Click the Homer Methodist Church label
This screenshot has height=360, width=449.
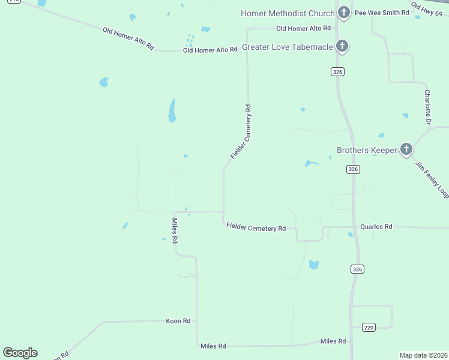[288, 13]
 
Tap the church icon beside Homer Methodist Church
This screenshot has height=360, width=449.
[343, 11]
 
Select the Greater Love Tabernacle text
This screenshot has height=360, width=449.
[287, 47]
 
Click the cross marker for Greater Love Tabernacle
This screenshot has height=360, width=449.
[342, 46]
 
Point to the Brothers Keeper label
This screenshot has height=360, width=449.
[366, 151]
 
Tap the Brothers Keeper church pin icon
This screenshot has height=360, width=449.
[406, 149]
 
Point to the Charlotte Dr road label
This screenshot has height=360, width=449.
[427, 107]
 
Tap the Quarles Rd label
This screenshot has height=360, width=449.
[376, 227]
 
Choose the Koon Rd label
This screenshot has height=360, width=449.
[178, 321]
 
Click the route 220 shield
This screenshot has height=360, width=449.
[369, 327]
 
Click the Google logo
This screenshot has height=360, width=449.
[20, 353]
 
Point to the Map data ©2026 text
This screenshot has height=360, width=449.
[423, 355]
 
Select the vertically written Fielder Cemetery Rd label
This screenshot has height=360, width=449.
[241, 132]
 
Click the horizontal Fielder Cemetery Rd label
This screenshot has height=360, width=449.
[256, 228]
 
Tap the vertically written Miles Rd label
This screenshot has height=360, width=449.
[175, 230]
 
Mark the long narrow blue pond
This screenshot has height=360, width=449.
[172, 110]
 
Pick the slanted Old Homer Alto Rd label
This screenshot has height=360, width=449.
[128, 38]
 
